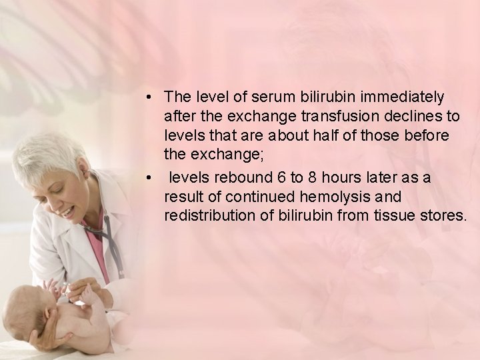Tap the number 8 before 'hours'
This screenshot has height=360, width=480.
pos(307,178)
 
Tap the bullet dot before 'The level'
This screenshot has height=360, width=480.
pos(152,98)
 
